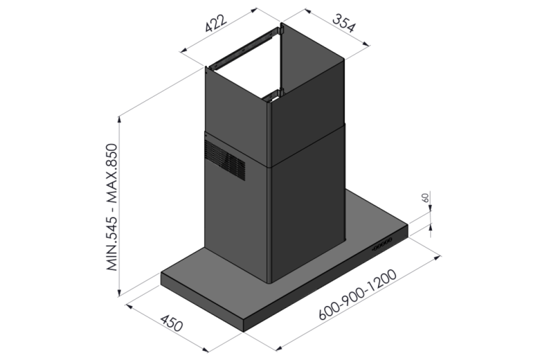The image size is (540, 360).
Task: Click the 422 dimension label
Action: pyautogui.click(x=216, y=23)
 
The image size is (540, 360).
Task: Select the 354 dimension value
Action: pyautogui.click(x=343, y=23)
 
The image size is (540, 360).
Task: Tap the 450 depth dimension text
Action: pyautogui.click(x=171, y=323)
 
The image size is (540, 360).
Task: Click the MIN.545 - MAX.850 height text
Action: pyautogui.click(x=112, y=207)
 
